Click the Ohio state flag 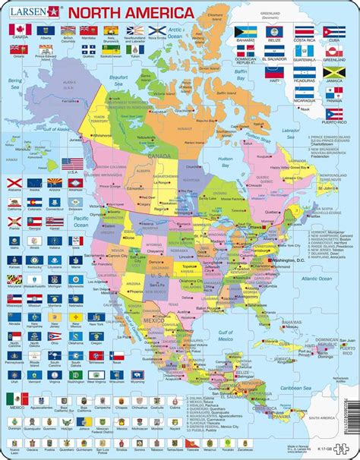click(x=55, y=336)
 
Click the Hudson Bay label click(x=225, y=162)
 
